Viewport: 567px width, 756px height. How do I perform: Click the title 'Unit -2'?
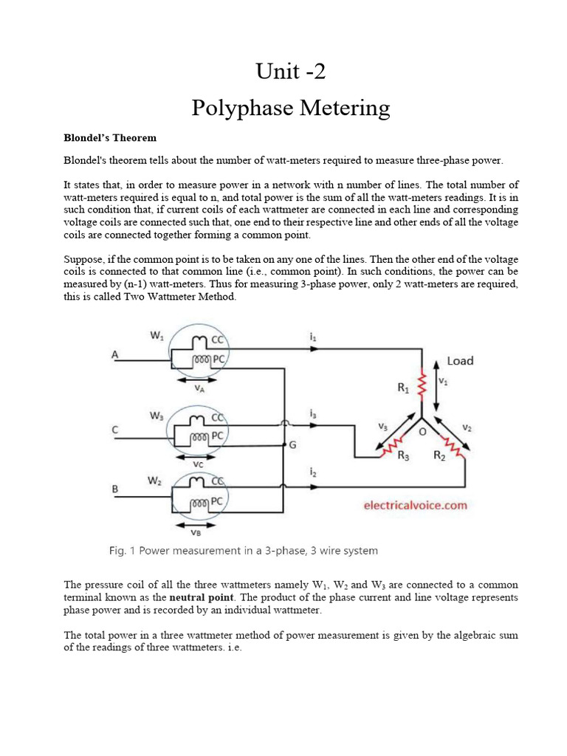point(290,72)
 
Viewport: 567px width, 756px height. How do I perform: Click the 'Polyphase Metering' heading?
point(290,108)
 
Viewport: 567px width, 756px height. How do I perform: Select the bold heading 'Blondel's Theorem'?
point(109,138)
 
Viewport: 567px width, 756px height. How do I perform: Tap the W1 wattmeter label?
point(157,336)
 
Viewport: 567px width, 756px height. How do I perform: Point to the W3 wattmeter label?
point(156,416)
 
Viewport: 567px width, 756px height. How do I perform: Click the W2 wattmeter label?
point(156,481)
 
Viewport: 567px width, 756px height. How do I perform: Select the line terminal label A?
point(114,355)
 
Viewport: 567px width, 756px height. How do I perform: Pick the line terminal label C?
point(114,430)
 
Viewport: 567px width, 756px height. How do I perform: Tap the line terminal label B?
point(114,488)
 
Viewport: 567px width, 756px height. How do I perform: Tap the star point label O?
point(422,433)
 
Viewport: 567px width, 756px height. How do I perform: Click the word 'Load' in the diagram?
point(460,361)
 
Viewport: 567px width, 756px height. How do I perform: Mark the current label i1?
point(312,336)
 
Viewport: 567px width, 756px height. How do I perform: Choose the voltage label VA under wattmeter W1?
point(198,387)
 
